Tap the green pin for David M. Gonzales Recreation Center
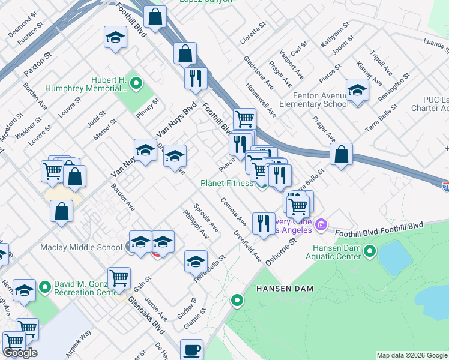[44, 288]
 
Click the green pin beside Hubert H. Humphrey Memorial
[136, 83]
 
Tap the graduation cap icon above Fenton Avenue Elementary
[357, 91]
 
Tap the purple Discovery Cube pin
[321, 225]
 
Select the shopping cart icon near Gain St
[119, 278]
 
